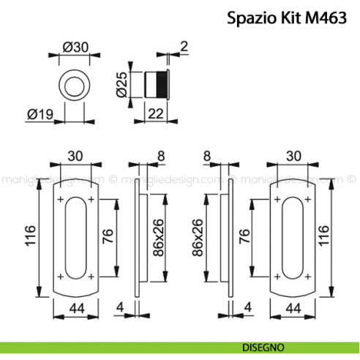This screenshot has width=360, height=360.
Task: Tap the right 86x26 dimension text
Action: click(x=195, y=238)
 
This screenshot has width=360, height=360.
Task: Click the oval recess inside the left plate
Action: click(x=75, y=237)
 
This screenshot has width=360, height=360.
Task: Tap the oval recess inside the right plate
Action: click(x=294, y=237)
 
